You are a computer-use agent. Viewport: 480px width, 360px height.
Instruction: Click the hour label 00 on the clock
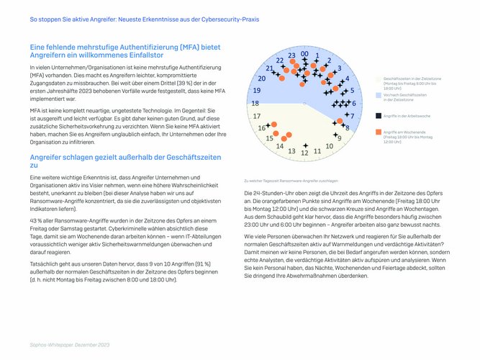click(305, 54)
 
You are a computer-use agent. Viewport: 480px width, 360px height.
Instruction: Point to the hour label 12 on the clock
click(305, 153)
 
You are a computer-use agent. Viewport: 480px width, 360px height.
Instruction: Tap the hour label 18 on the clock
click(255, 104)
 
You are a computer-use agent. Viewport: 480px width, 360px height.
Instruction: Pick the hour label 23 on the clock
click(291, 55)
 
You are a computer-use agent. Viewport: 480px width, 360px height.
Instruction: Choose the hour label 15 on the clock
click(270, 138)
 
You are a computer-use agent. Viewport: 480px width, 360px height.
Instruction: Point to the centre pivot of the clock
click(305, 104)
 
